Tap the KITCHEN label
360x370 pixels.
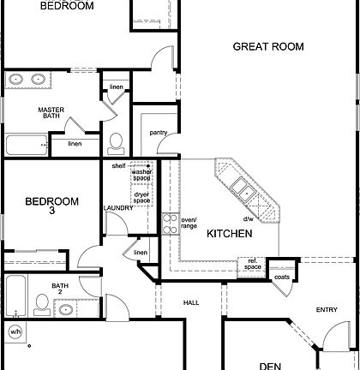(229, 233)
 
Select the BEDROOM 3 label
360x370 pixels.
(51, 207)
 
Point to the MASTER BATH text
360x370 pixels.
(51, 115)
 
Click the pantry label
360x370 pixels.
(158, 133)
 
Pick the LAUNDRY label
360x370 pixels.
(117, 207)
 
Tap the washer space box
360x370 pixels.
(142, 176)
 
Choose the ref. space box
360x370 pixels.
(253, 265)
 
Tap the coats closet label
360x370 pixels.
(282, 277)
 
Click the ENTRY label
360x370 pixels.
(327, 310)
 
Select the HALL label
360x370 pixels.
(191, 302)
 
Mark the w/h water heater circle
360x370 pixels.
(15, 331)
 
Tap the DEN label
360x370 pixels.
(272, 365)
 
